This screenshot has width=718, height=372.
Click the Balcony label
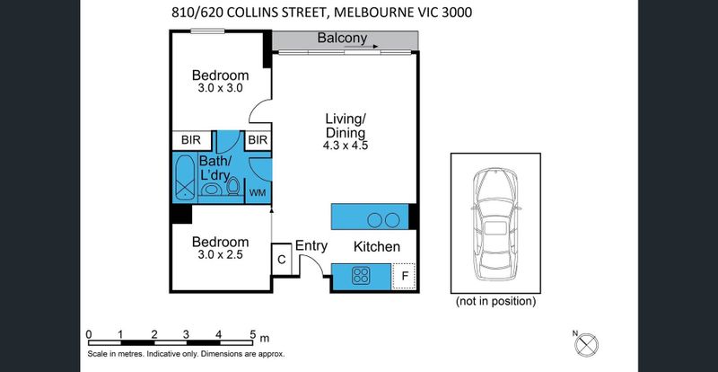(342, 38)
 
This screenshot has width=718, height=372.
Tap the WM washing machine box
(258, 192)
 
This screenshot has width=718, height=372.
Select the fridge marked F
(404, 276)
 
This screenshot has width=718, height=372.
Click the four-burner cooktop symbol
(362, 276)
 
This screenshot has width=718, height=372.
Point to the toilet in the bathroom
(233, 186)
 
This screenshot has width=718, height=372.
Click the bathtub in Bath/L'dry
(185, 178)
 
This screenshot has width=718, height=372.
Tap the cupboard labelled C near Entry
(282, 260)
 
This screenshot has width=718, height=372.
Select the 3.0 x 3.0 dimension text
(220, 88)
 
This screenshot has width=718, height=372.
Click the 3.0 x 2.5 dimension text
(220, 254)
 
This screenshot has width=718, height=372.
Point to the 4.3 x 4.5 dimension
(346, 146)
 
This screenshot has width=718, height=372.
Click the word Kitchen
(377, 247)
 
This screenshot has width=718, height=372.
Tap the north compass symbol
(587, 344)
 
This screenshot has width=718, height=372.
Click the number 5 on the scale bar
(253, 334)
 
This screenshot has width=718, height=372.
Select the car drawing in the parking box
(495, 224)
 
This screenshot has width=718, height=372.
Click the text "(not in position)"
(495, 301)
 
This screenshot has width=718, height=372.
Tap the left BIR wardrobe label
(191, 140)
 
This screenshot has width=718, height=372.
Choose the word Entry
(311, 246)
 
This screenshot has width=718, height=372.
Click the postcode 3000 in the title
(457, 13)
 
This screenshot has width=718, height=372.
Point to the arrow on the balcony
(361, 47)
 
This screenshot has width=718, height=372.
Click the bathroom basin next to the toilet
(212, 189)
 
